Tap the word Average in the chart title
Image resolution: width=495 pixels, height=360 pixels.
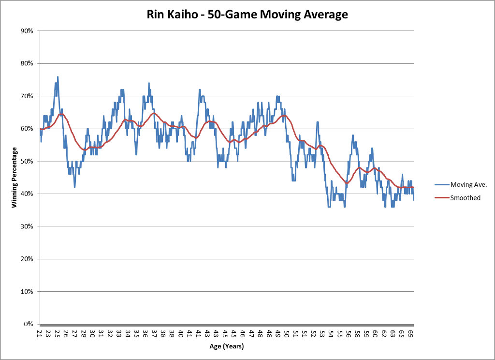coord(324,15)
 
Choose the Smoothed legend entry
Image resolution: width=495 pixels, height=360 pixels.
coord(465,197)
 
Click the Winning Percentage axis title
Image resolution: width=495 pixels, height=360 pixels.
coord(15,178)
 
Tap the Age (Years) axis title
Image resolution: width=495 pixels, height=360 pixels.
coord(226,346)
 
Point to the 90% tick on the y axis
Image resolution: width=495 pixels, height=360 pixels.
coord(27,31)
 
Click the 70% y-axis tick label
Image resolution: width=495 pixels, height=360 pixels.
coord(27,96)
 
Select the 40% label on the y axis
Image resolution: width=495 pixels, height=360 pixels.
coord(27,194)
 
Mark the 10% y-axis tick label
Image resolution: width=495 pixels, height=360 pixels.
coord(27,292)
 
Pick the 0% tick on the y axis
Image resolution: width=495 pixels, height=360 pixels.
coord(28,324)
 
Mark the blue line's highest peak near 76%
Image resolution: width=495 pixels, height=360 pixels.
coord(58,77)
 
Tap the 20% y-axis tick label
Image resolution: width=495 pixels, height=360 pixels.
coord(27,259)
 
